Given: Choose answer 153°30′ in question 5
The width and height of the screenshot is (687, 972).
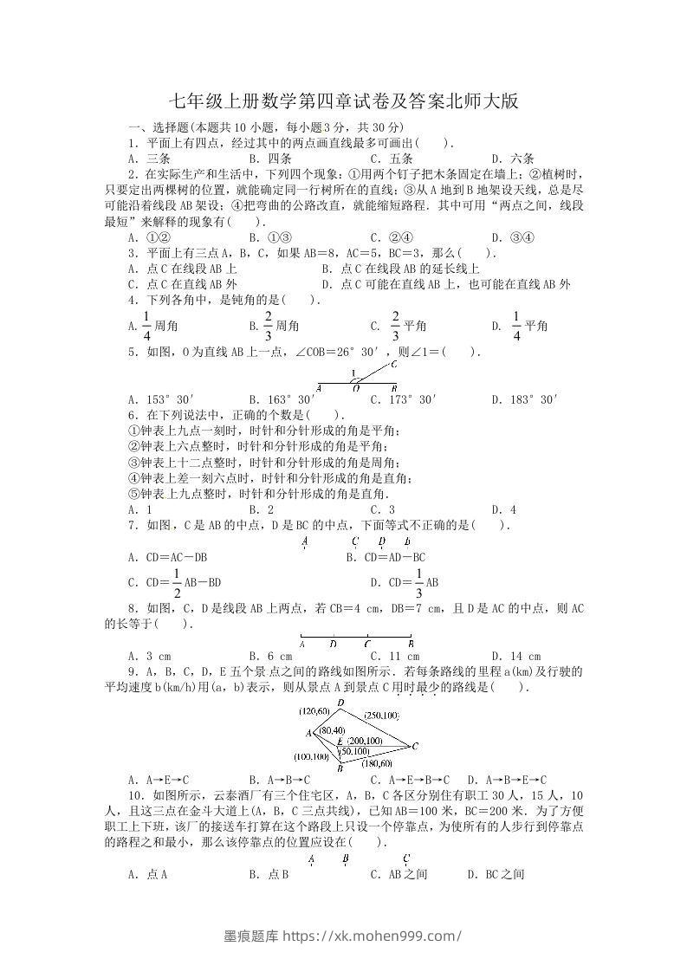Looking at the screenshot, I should pyautogui.click(x=159, y=399).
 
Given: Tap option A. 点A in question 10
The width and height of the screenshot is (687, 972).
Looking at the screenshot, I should pyautogui.click(x=147, y=874).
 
